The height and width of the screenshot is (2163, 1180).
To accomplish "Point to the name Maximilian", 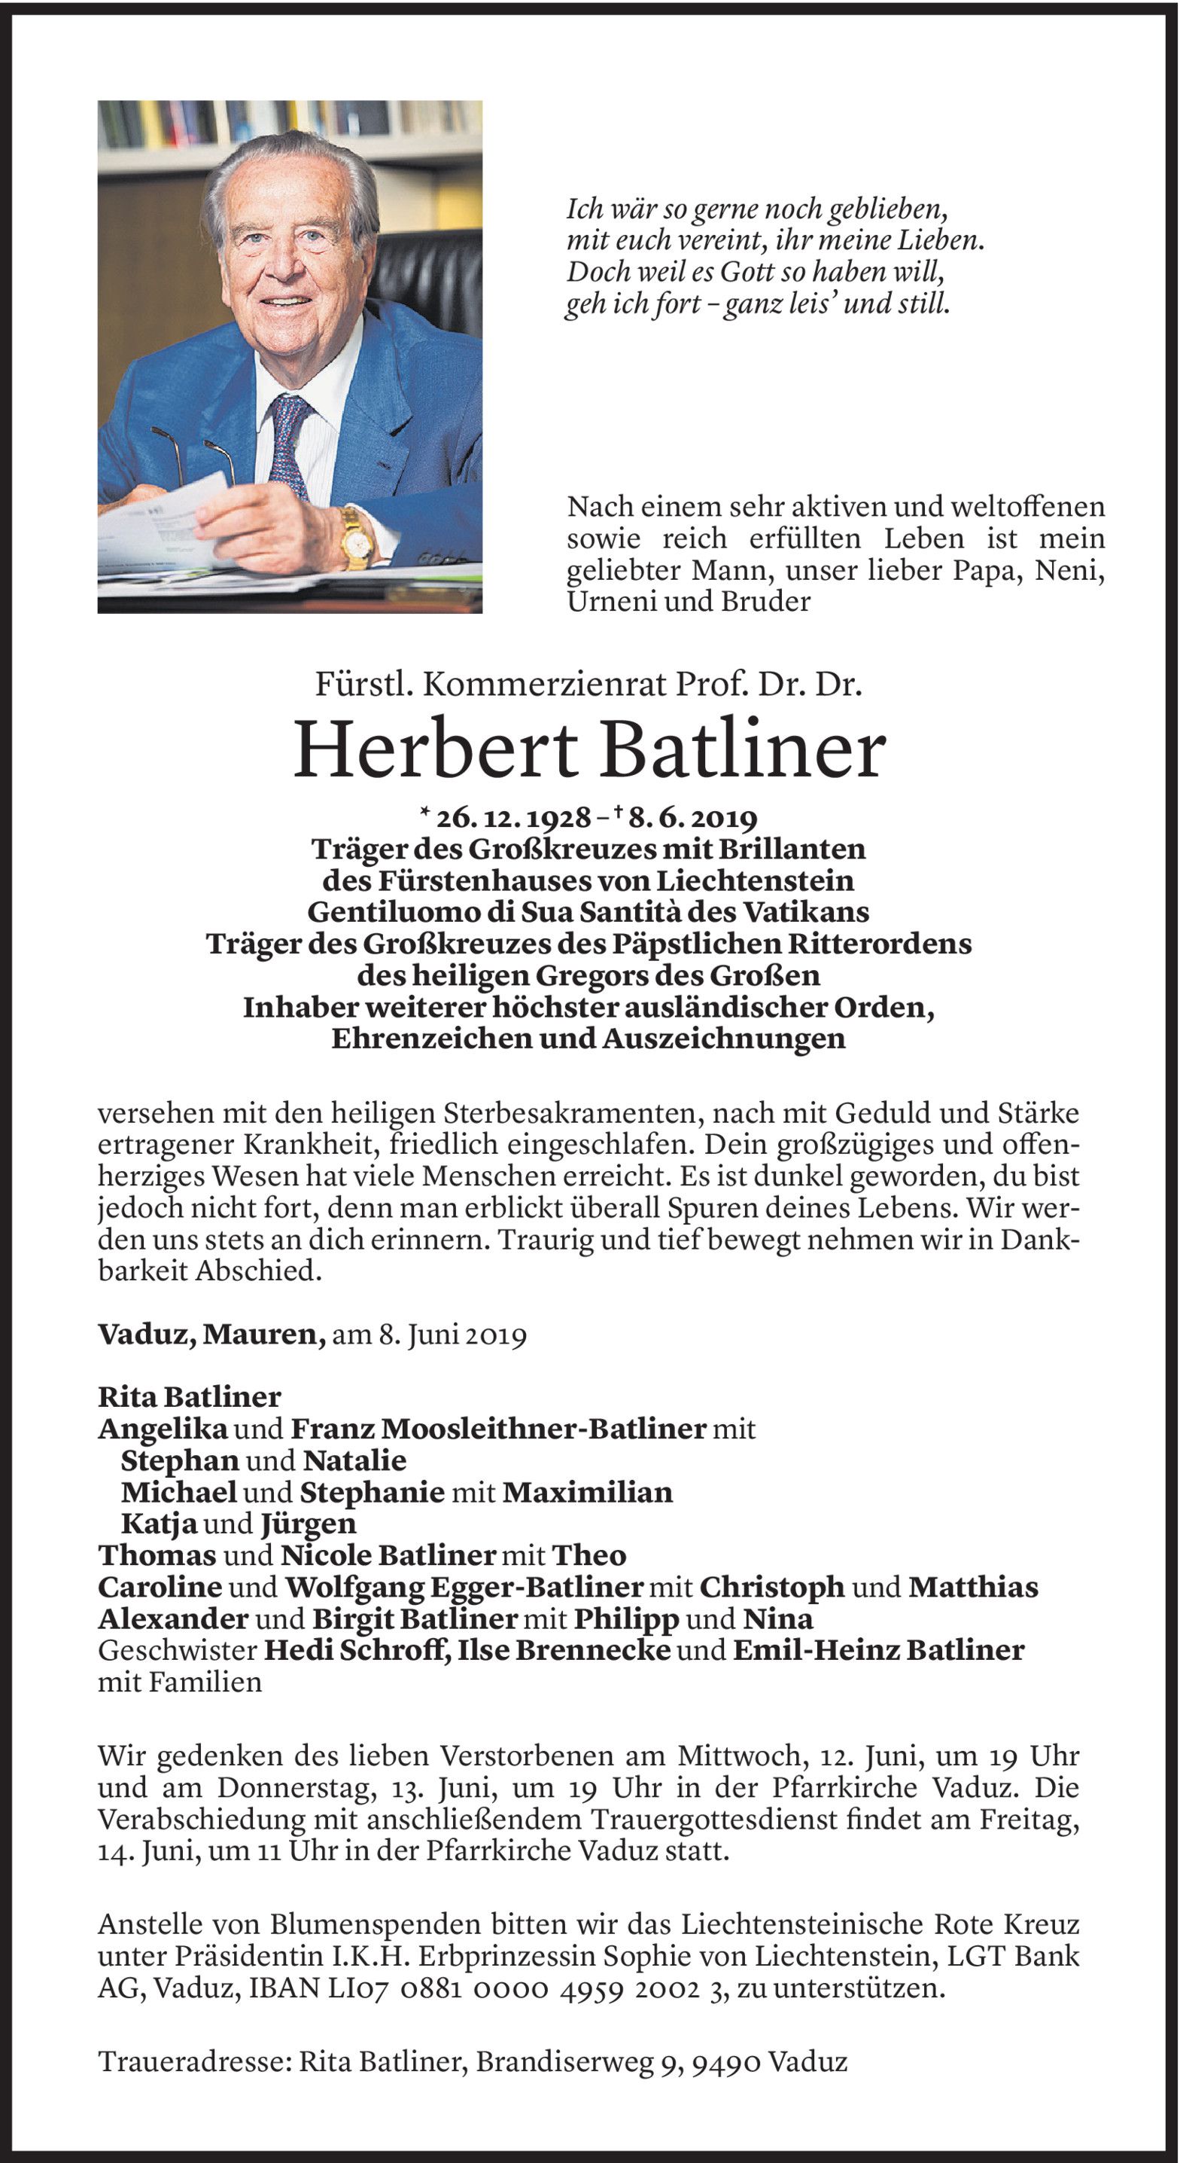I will tap(588, 1492).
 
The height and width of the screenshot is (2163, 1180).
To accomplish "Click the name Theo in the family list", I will tap(588, 1555).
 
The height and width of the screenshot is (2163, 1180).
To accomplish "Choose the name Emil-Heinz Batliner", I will tap(879, 1650).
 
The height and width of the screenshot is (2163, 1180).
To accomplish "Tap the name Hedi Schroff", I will tap(355, 1650).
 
